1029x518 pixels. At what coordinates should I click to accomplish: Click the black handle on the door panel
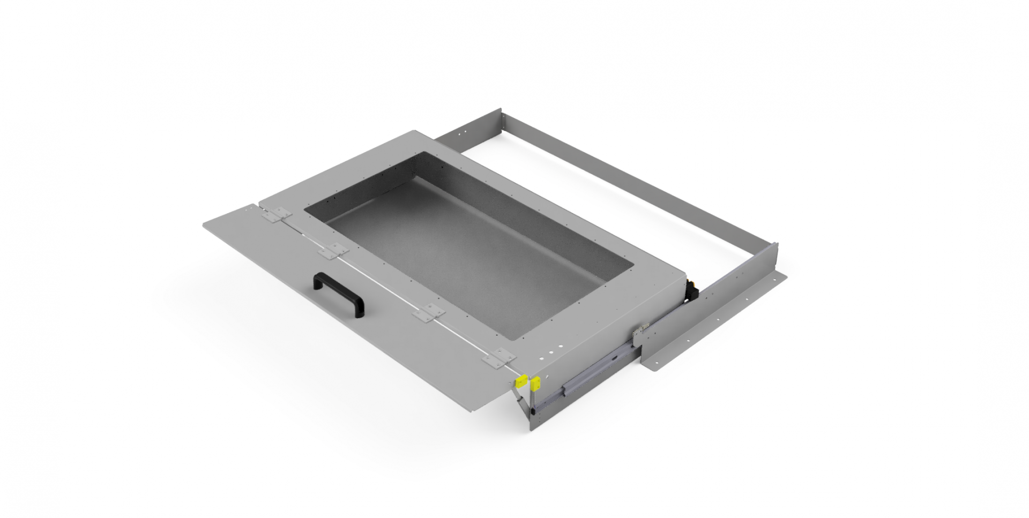point(339,294)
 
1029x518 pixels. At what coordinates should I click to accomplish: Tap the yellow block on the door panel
point(519,382)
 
